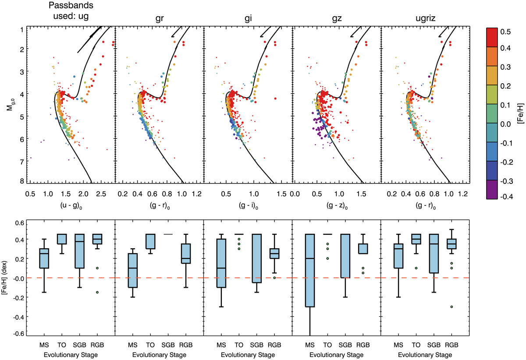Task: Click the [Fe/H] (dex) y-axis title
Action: click(10, 278)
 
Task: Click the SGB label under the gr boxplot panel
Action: click(168, 345)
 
